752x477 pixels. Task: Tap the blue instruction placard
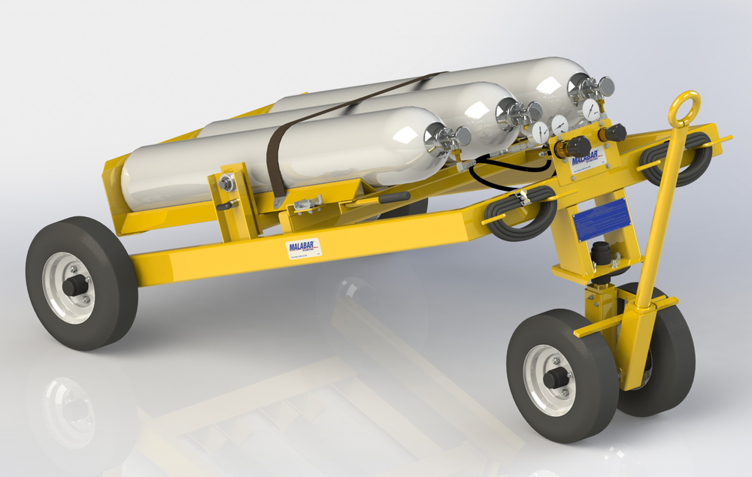pos(601,220)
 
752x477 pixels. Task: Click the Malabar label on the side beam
pos(304,249)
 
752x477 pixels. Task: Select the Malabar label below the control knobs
pos(586,162)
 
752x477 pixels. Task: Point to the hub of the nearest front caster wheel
pos(554,378)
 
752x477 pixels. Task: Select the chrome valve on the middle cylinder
pos(519,113)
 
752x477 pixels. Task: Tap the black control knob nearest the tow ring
pos(614,134)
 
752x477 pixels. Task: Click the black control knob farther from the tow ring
pos(578,146)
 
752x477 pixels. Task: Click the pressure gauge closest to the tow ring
pos(591,110)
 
